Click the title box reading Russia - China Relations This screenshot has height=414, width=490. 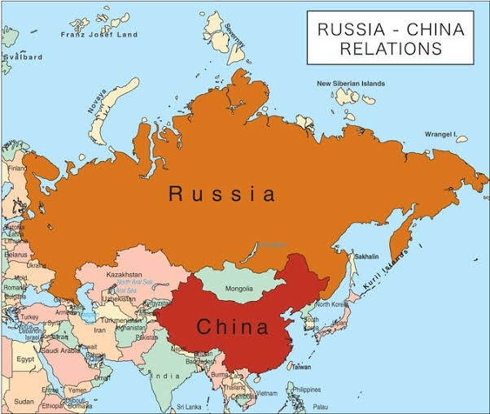pyautogui.click(x=390, y=38)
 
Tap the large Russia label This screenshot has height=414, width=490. pyautogui.click(x=221, y=194)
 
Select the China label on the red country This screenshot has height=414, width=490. pyautogui.click(x=232, y=328)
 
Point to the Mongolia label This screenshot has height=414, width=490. pyautogui.click(x=238, y=289)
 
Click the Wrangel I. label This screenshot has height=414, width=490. pyautogui.click(x=441, y=133)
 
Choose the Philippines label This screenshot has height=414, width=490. pyautogui.click(x=306, y=389)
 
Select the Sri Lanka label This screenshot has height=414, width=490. pyautogui.click(x=188, y=406)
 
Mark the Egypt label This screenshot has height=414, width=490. pyautogui.click(x=26, y=358)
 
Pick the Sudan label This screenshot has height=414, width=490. pyautogui.click(x=24, y=401)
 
